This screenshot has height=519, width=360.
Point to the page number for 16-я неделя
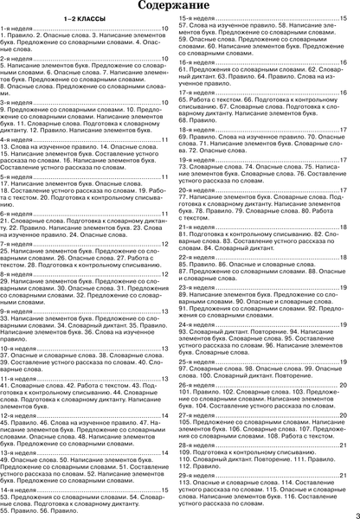(x=344, y=63)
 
